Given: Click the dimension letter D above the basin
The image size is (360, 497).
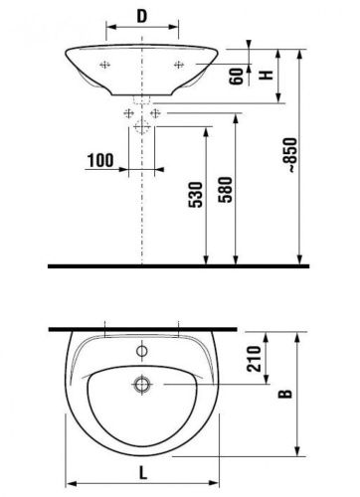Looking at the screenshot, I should (142, 17).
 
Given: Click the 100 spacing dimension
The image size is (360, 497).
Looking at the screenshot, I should (99, 159).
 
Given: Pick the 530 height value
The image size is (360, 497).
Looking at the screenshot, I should (197, 195).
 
